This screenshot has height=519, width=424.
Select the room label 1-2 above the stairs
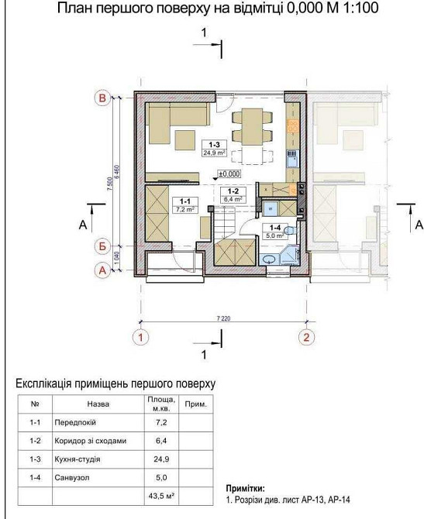231,191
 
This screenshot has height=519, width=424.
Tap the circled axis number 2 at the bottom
307,338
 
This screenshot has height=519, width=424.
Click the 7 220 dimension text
223,318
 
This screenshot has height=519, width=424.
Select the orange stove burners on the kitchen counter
293,125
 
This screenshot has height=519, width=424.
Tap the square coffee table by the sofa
184,139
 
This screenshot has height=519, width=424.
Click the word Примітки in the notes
244,490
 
